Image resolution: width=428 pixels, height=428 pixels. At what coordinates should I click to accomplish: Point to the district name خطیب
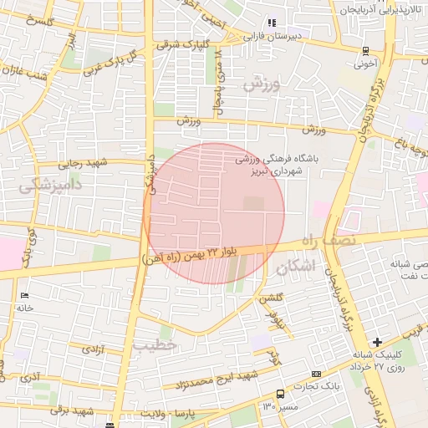pos(155,344)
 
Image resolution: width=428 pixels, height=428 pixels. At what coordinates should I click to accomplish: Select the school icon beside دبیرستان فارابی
pos(271,23)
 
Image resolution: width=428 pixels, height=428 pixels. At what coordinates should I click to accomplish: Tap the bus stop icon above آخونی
pos(365,50)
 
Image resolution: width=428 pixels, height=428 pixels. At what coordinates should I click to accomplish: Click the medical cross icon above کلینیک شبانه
pos(378,342)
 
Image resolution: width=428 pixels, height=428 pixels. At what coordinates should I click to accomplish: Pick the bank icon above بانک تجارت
pos(316,374)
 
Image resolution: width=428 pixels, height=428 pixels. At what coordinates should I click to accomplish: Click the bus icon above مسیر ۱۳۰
pos(279,393)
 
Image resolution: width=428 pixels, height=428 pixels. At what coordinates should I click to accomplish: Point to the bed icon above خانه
pos(23,296)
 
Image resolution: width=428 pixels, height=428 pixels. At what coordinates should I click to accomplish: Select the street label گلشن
pos(271,298)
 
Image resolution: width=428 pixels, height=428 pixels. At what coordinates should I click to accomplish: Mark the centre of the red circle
pos(214,213)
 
